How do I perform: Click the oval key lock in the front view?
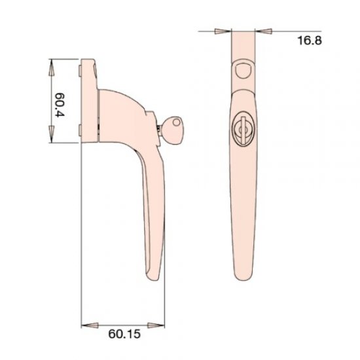click(x=242, y=130)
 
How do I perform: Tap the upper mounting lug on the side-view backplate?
click(x=79, y=67)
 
